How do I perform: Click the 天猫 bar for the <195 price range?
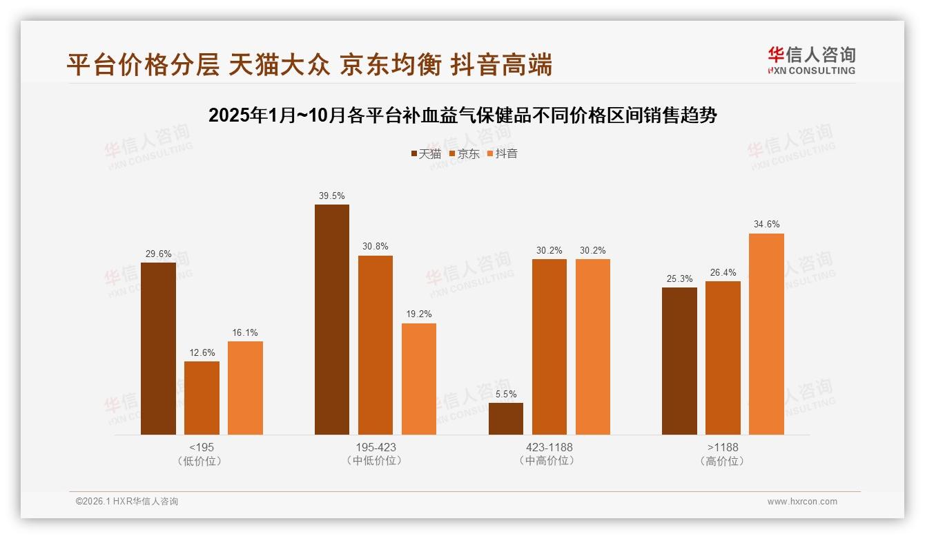pos(158,349)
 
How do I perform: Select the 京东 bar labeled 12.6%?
pos(202,398)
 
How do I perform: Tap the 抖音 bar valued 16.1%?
pos(245,388)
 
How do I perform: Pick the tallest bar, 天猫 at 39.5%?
pos(332,320)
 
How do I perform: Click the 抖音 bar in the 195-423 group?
pos(419,379)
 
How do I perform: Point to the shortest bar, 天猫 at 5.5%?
pos(506,419)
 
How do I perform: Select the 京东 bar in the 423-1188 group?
pos(549,347)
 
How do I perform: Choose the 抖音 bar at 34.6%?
pos(766,334)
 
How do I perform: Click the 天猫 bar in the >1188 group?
pos(679,361)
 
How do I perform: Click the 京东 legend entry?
pos(465,153)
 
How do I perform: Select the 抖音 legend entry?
pos(503,153)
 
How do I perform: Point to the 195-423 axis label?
pos(376,447)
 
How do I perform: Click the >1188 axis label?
pos(723,447)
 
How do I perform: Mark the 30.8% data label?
pos(376,247)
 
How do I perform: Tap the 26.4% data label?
pos(723,272)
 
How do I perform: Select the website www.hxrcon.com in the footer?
pos(802,502)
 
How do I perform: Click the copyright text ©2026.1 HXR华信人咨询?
pos(127,502)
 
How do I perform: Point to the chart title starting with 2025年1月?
pos(463,115)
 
